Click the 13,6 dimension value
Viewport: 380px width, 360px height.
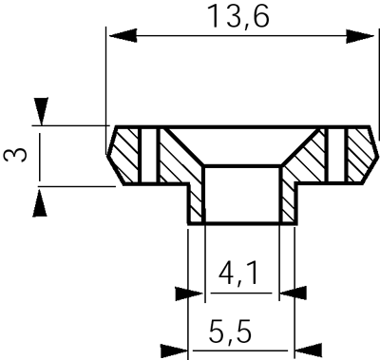tap(239, 16)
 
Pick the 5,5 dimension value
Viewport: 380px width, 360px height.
tap(230, 332)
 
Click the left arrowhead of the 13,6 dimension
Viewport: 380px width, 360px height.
tap(123, 35)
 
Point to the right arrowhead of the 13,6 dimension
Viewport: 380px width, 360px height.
tap(360, 36)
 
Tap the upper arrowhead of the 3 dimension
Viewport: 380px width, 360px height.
tap(42, 111)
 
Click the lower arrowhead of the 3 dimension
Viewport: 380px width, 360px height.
tap(40, 202)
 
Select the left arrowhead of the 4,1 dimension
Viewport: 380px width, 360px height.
tap(189, 294)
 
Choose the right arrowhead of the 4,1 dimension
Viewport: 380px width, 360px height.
tap(293, 293)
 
